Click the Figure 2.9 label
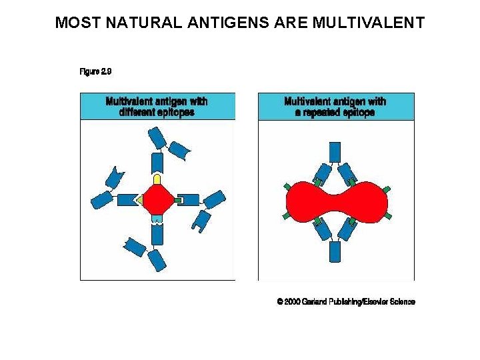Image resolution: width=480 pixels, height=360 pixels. [x=95, y=71]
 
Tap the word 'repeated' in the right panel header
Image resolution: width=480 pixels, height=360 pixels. [x=323, y=112]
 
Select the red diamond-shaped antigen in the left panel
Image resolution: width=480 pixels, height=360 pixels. [x=157, y=199]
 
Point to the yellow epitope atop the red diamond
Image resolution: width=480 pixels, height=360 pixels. [x=157, y=179]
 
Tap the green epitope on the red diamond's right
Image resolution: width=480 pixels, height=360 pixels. [x=177, y=199]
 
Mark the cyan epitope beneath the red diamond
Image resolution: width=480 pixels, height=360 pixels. [x=157, y=219]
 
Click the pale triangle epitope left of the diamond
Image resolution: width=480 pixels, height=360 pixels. [x=137, y=199]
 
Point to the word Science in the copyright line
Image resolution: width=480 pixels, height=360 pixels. [x=401, y=302]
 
